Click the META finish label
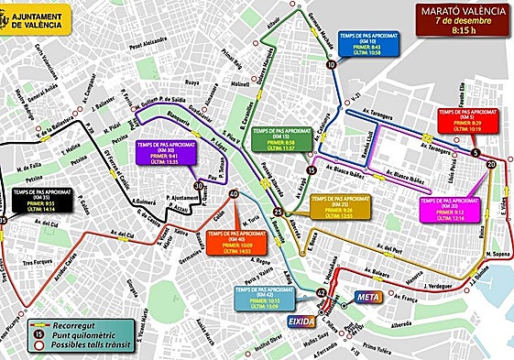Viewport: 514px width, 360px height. (366, 298)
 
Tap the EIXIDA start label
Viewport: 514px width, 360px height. (302, 322)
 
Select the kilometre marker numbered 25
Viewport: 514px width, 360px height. (278, 213)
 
